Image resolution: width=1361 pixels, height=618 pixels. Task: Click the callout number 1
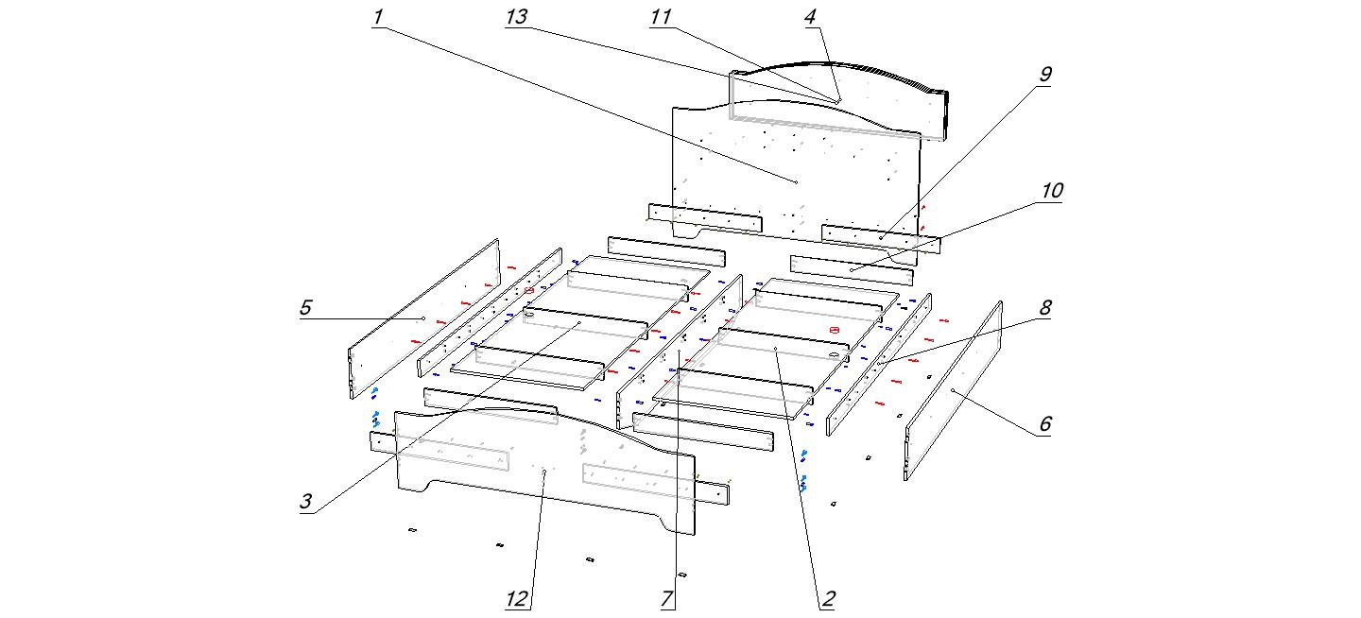click(x=378, y=18)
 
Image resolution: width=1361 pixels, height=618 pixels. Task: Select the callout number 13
click(x=517, y=18)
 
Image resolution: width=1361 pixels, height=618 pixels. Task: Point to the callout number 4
click(x=812, y=18)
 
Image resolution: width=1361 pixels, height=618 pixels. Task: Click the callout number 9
click(x=1044, y=74)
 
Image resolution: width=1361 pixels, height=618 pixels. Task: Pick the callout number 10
click(x=1051, y=191)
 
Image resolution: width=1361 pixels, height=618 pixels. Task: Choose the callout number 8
click(x=1045, y=308)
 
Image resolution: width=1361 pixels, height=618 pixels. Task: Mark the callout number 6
click(x=1044, y=424)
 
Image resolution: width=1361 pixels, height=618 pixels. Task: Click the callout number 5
click(x=305, y=308)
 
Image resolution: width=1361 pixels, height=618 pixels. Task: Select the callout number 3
click(x=305, y=502)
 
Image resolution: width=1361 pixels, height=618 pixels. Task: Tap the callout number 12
click(x=516, y=599)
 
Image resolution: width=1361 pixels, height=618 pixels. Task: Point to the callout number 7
click(x=667, y=599)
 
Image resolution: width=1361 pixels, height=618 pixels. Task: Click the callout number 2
click(x=827, y=599)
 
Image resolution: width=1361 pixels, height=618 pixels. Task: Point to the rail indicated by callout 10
click(x=851, y=270)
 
